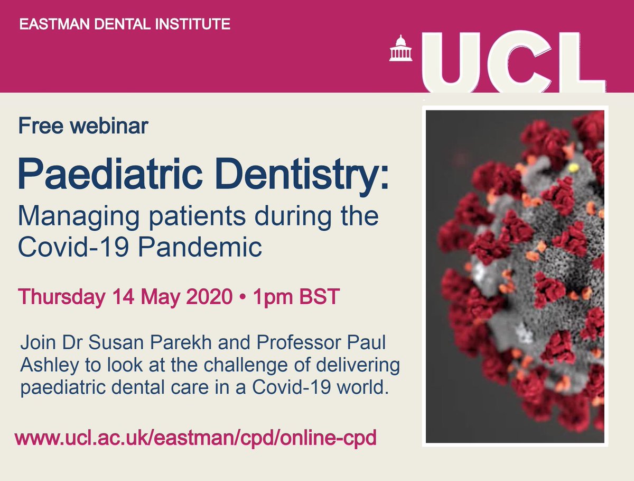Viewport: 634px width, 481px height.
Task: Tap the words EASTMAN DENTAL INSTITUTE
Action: pyautogui.click(x=125, y=24)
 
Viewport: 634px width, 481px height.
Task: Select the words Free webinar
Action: pyautogui.click(x=83, y=126)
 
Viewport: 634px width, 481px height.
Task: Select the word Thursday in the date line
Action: pyautogui.click(x=62, y=297)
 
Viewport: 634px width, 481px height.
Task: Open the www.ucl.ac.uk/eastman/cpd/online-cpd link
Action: pyautogui.click(x=195, y=439)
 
